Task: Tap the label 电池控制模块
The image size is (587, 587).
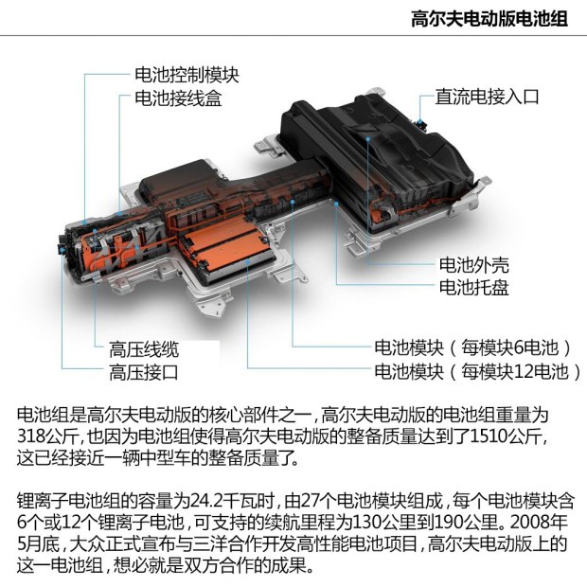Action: [x=187, y=74]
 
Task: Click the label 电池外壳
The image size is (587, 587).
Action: [x=472, y=264]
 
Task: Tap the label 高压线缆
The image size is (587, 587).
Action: [x=144, y=347]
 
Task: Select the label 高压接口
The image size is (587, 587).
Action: [x=144, y=372]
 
